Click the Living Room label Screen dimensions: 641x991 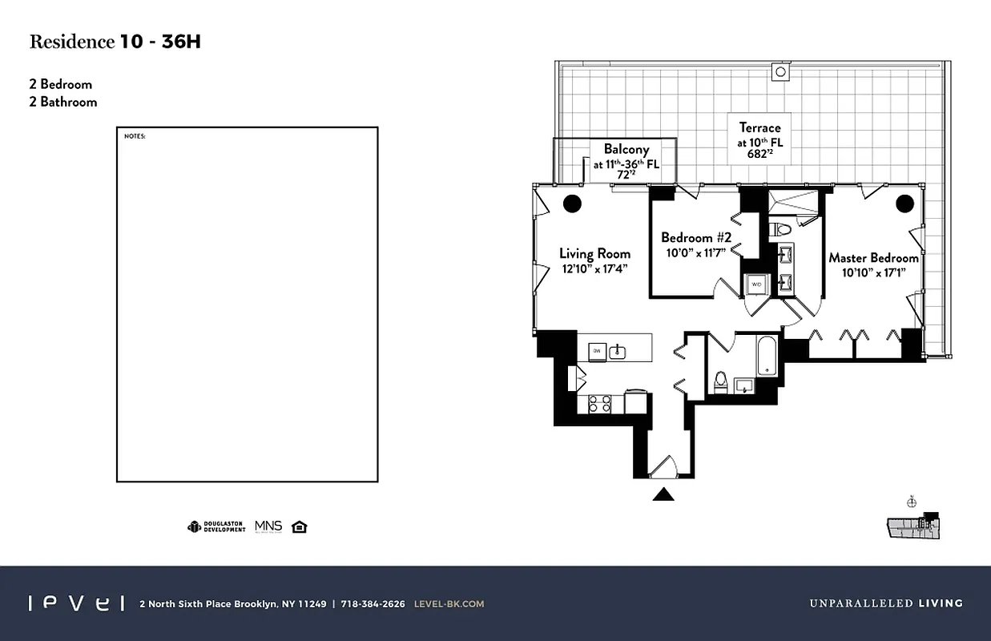[x=594, y=254]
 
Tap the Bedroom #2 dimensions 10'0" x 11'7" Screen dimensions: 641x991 [x=695, y=252]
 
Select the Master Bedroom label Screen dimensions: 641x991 [x=873, y=258]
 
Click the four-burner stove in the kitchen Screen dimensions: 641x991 [x=600, y=403]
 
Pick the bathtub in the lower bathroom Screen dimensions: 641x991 [x=767, y=356]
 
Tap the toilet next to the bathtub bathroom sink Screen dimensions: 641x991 [x=721, y=381]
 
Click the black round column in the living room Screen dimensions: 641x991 [x=572, y=204]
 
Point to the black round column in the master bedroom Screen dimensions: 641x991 [x=904, y=204]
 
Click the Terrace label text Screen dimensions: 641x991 [x=759, y=127]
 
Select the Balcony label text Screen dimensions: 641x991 [x=626, y=149]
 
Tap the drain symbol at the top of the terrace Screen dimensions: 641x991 [x=781, y=72]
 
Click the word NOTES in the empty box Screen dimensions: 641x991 [x=135, y=136]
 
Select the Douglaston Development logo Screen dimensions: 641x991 [x=216, y=526]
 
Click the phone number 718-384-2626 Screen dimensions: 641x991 [x=373, y=604]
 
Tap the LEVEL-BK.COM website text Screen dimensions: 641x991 [x=449, y=604]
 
